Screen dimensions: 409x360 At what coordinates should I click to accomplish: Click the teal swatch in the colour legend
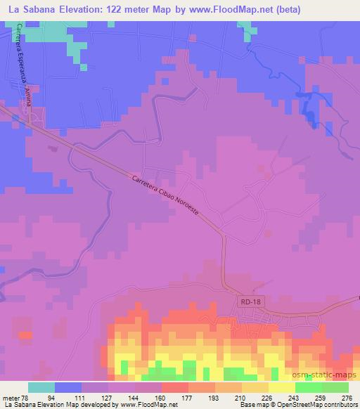tap(41, 387)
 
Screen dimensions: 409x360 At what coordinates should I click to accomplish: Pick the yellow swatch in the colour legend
tap(281, 387)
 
